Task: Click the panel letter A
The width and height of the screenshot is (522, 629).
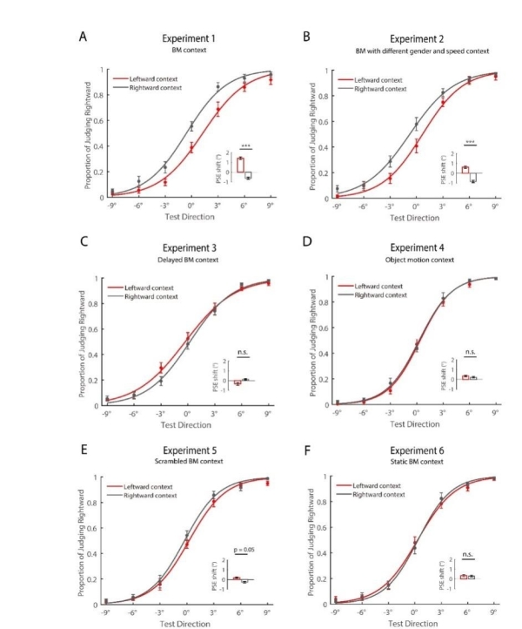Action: [x=84, y=36]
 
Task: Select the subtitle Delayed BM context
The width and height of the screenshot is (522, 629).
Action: [x=188, y=260]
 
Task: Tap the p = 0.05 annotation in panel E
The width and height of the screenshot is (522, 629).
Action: [x=245, y=551]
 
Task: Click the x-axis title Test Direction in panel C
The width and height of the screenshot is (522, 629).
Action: [x=189, y=424]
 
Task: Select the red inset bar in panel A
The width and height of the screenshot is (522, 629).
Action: [x=239, y=165]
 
